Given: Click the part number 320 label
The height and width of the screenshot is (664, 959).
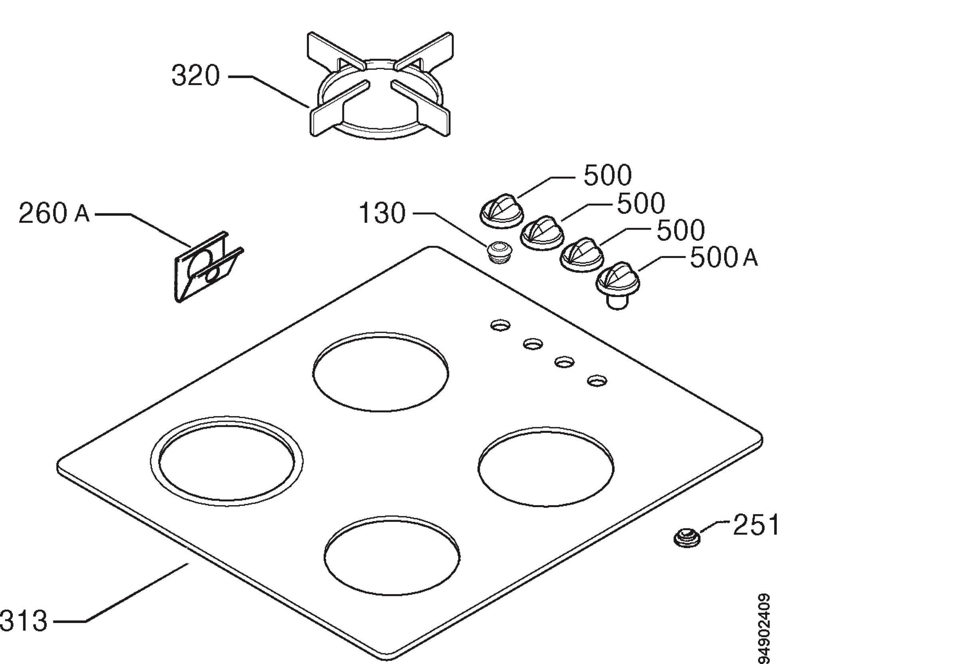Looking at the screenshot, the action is pos(196,76).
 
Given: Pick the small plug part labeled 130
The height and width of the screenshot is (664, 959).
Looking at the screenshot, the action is pos(499,251).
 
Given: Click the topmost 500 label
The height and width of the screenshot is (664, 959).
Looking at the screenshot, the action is pos(608,175).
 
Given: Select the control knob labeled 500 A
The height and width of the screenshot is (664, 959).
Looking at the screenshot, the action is pos(618,285).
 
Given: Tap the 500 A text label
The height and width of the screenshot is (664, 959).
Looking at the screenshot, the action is pos(724,258).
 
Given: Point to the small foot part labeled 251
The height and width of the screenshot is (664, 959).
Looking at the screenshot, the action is pos(687,537).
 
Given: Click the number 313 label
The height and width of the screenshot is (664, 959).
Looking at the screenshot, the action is pos(23,621).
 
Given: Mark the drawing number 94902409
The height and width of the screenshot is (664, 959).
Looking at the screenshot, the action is pos(763,628).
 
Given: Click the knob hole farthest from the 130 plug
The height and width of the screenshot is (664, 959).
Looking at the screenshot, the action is pos(597,380).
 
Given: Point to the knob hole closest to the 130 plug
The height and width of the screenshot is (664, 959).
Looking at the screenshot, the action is pos(500,325).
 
